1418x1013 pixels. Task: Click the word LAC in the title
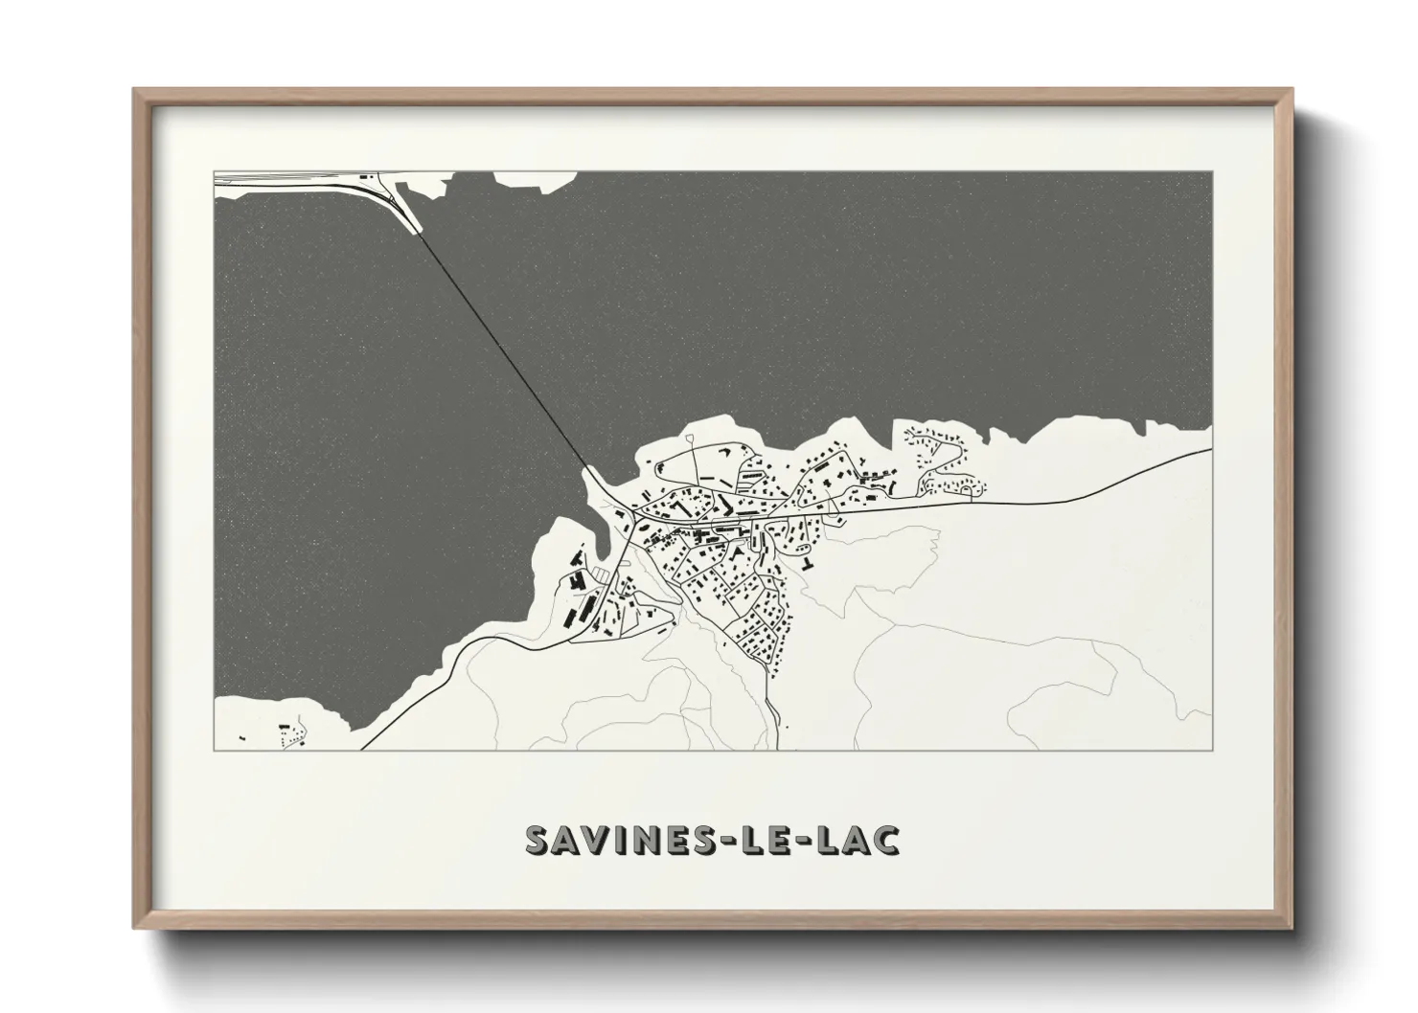click(846, 839)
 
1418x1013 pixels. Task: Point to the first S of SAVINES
click(539, 839)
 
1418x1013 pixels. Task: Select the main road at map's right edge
click(1202, 454)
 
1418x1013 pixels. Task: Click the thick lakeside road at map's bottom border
click(366, 747)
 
